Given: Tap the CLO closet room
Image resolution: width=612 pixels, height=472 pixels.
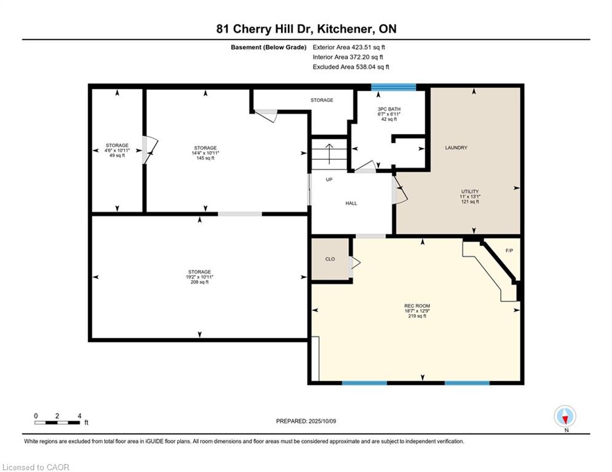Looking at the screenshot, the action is click(x=330, y=259).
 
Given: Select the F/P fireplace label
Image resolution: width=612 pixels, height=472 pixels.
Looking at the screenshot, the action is click(x=509, y=251).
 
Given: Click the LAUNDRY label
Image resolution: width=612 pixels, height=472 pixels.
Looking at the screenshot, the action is click(x=456, y=148).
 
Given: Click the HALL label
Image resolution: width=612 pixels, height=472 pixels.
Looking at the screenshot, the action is click(x=351, y=203).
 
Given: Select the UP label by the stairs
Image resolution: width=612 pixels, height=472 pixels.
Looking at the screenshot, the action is click(x=329, y=179).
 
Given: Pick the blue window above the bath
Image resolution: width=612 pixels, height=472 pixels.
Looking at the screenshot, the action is click(x=394, y=87).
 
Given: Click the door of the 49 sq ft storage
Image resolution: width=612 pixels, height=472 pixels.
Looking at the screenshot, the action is click(x=150, y=150).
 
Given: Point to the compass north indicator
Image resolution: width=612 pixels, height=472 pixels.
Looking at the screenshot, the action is click(x=565, y=417).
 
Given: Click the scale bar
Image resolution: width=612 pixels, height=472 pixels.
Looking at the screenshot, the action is click(x=57, y=422).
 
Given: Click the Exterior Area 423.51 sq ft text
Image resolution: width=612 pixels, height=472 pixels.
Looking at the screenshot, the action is click(x=349, y=47).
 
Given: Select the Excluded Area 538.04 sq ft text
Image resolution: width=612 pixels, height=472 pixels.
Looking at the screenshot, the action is click(x=351, y=67).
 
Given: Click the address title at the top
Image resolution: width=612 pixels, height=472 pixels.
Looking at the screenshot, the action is click(x=306, y=29).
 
